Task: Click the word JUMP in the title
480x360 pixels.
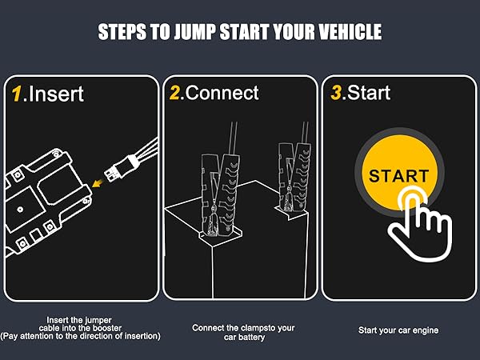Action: (x=194, y=32)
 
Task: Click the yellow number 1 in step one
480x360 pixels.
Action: (x=17, y=94)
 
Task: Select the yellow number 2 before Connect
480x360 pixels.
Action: (x=174, y=93)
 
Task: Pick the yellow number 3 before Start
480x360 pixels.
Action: (x=336, y=93)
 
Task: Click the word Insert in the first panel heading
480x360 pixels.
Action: (x=56, y=94)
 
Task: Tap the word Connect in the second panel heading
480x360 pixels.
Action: (x=222, y=93)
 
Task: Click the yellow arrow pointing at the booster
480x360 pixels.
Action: (x=98, y=182)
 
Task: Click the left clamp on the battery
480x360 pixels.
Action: (x=218, y=196)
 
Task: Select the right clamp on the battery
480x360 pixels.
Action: (x=294, y=178)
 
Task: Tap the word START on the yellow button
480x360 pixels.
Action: (x=398, y=176)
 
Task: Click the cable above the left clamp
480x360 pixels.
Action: (x=233, y=138)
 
